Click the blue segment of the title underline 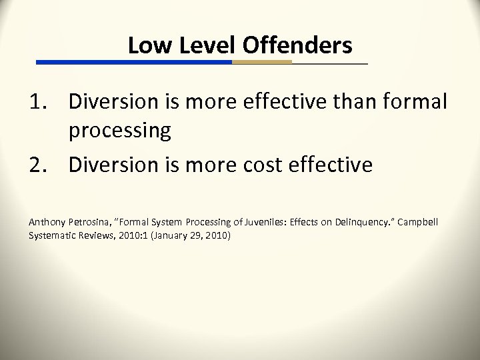click(133, 62)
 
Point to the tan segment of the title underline click(262, 62)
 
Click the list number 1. click(37, 103)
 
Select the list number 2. click(37, 164)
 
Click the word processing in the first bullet click(120, 131)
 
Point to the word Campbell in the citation click(419, 221)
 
